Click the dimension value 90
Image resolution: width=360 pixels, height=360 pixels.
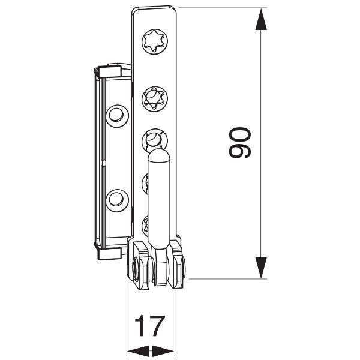click(241, 143)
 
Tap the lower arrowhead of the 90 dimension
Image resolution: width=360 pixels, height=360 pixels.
click(260, 268)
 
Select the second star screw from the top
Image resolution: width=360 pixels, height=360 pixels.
click(154, 97)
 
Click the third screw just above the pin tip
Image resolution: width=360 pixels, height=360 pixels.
click(154, 140)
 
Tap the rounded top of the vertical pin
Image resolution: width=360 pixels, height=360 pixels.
click(159, 157)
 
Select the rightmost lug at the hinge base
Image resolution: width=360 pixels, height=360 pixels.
click(177, 264)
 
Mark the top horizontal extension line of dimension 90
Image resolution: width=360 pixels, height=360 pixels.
click(222, 8)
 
